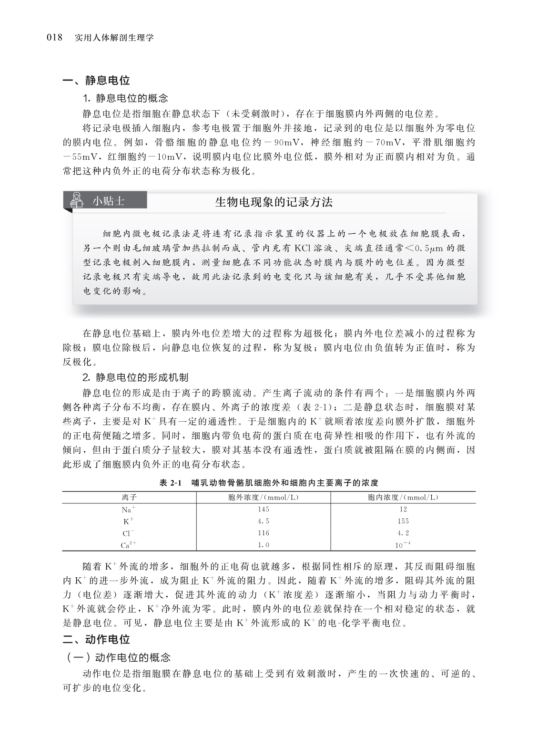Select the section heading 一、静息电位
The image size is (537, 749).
pos(97,81)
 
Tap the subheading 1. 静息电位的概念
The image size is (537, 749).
pos(125,98)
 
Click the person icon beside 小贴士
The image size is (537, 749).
pos(75,201)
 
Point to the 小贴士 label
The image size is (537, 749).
pos(109,201)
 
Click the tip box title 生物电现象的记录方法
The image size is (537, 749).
pos(274,202)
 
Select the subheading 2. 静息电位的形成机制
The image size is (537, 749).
pos(135,377)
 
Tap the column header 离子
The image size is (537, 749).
pos(129,498)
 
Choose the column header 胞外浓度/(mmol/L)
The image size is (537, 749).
pos(263,498)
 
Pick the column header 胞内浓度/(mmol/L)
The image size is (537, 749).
pos(403,498)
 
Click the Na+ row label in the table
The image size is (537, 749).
pos(129,510)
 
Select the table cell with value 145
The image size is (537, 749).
pos(263,510)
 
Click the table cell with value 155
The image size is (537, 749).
pos(403,521)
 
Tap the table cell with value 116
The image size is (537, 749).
pos(263,533)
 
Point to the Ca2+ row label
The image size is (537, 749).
pos(129,545)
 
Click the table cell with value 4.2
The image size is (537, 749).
pos(403,533)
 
